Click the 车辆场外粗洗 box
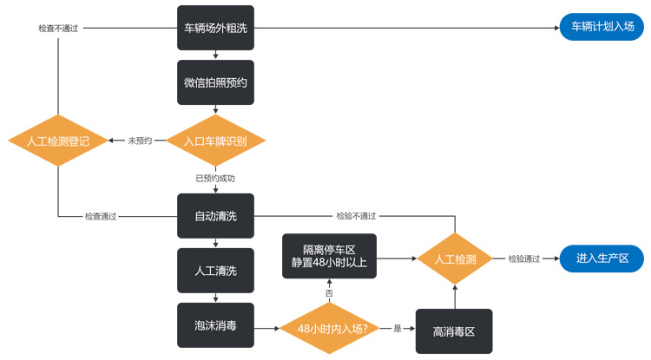pyautogui.click(x=215, y=28)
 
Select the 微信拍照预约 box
pyautogui.click(x=215, y=82)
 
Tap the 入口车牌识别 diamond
pyautogui.click(x=215, y=140)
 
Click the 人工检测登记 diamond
pyautogui.click(x=58, y=141)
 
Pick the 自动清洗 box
pyautogui.click(x=215, y=215)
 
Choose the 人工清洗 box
pyautogui.click(x=215, y=271)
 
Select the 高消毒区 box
pyautogui.click(x=453, y=331)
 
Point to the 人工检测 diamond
pyautogui.click(x=455, y=258)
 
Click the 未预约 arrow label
pyautogui.click(x=140, y=141)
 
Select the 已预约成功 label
pyautogui.click(x=215, y=178)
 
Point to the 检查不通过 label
pyautogui.click(x=58, y=29)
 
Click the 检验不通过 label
pyautogui.click(x=357, y=215)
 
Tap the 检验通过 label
pyautogui.click(x=523, y=259)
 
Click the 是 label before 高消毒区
pyautogui.click(x=398, y=330)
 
